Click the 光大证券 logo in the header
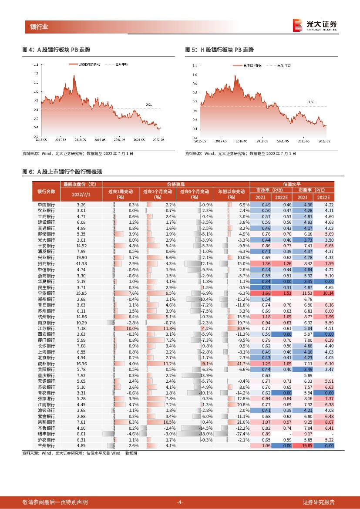[314, 25]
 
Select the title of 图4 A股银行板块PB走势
[59, 50]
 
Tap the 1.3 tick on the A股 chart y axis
[36, 64]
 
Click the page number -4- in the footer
[179, 502]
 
